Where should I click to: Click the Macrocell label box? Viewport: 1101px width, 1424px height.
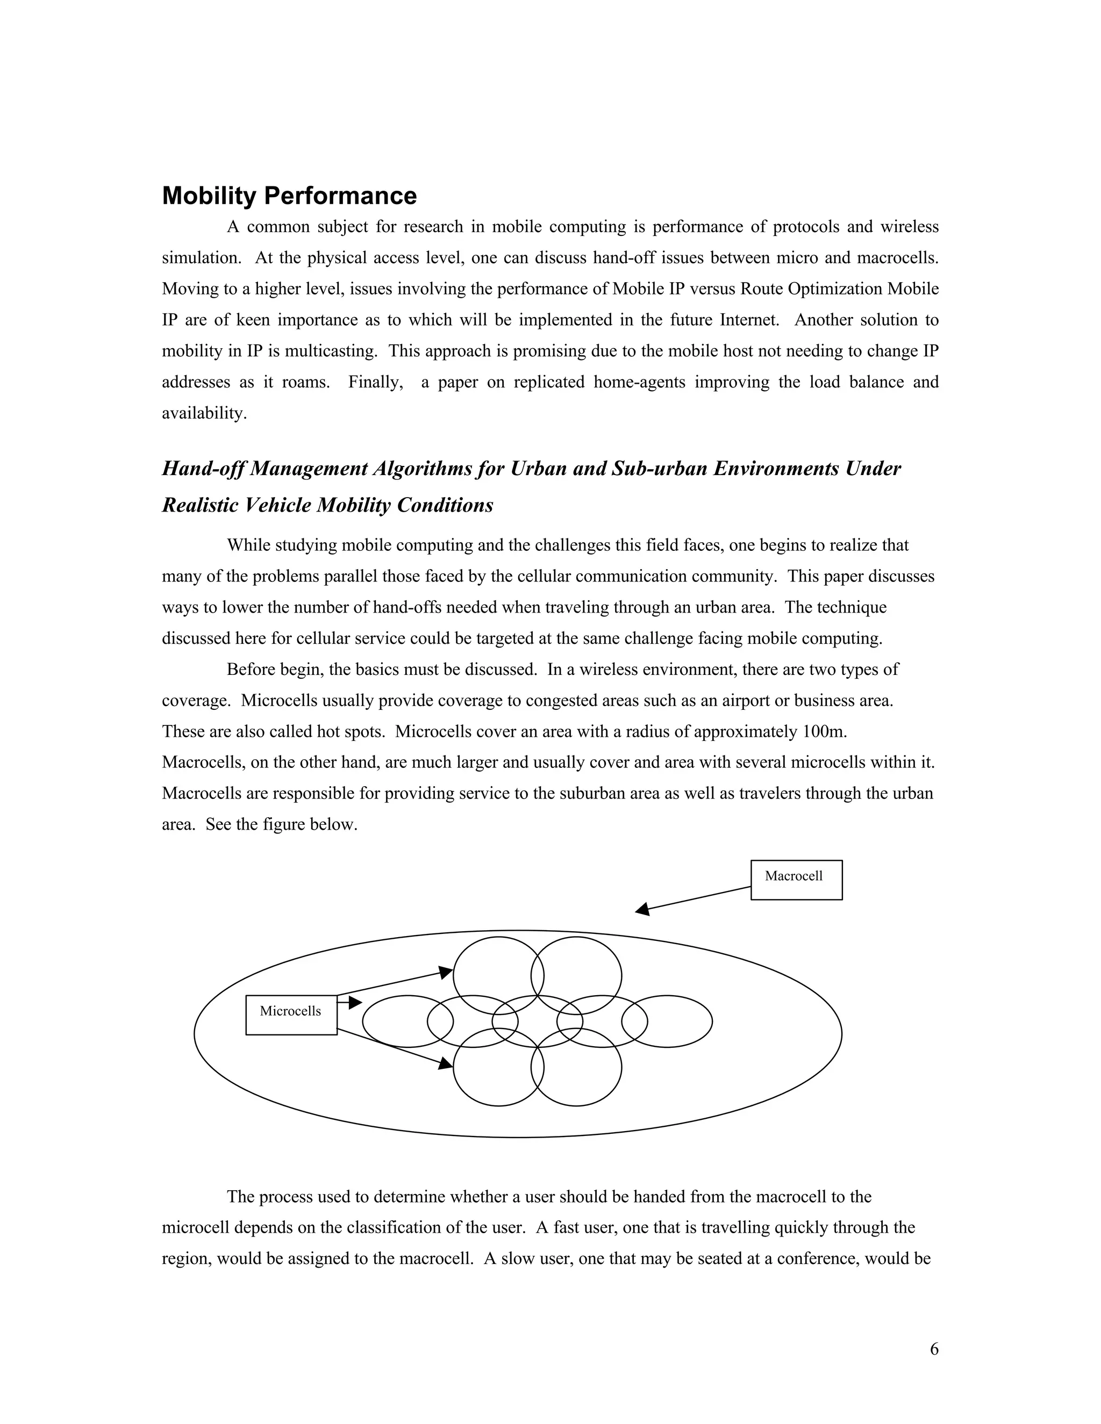[x=796, y=880]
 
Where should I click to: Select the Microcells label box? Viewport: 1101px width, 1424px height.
[x=291, y=1015]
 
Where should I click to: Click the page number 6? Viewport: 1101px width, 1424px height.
[x=933, y=1349]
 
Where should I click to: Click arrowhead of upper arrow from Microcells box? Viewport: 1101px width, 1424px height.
[x=446, y=972]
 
